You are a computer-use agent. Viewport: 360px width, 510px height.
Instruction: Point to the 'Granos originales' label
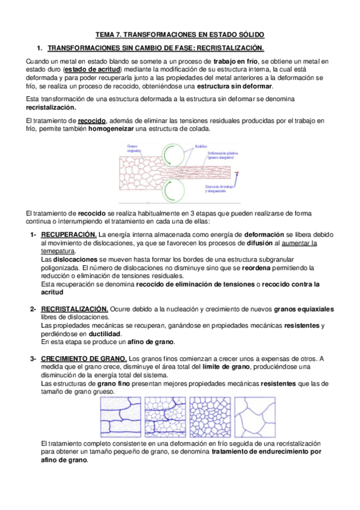pyautogui.click(x=137, y=149)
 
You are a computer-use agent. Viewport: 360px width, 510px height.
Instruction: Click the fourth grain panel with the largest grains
pyautogui.click(x=254, y=417)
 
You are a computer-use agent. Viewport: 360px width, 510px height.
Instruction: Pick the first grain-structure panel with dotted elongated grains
pyautogui.click(x=120, y=417)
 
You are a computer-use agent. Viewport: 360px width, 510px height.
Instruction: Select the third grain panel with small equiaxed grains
pyautogui.click(x=209, y=417)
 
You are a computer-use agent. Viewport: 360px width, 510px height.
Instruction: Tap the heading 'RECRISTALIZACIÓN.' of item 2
pyautogui.click(x=75, y=309)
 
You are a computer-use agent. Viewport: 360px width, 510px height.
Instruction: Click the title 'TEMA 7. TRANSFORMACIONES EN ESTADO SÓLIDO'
pyautogui.click(x=180, y=35)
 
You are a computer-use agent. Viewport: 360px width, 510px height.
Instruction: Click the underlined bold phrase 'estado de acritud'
pyautogui.click(x=93, y=70)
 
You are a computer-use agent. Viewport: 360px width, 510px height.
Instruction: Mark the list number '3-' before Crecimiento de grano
pyautogui.click(x=34, y=359)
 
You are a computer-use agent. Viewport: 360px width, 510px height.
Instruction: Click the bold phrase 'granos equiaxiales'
pyautogui.click(x=304, y=309)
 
